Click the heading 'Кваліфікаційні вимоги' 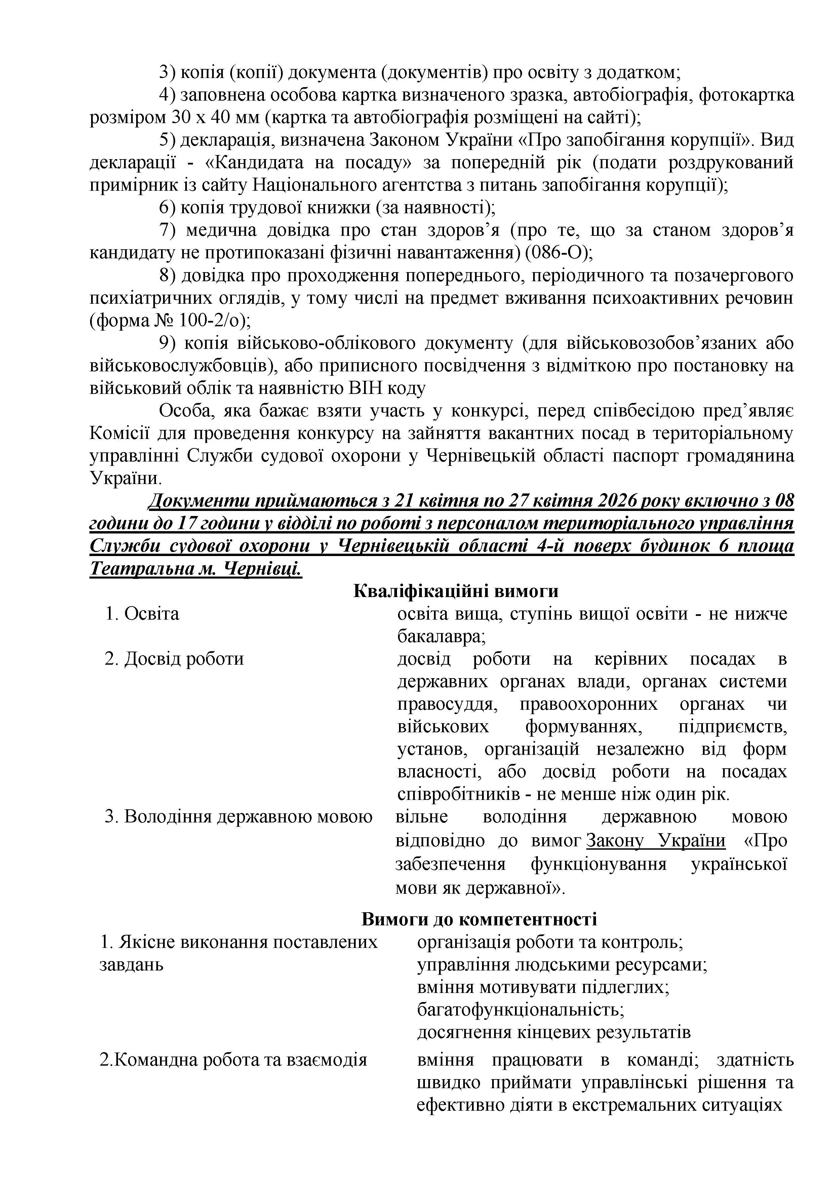coord(455,592)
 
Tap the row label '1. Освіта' coord(142,614)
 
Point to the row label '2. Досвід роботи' coord(174,659)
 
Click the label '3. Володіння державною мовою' coord(238,817)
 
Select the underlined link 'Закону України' coord(656,840)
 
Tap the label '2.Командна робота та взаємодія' coord(233,1060)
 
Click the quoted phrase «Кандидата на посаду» coord(309,163)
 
